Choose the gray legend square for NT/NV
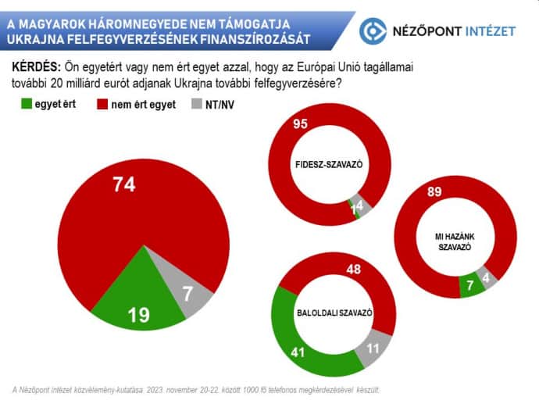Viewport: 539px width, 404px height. [196, 104]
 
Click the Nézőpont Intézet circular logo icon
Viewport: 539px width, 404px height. [373, 30]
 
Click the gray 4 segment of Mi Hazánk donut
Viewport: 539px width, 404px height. [489, 279]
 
